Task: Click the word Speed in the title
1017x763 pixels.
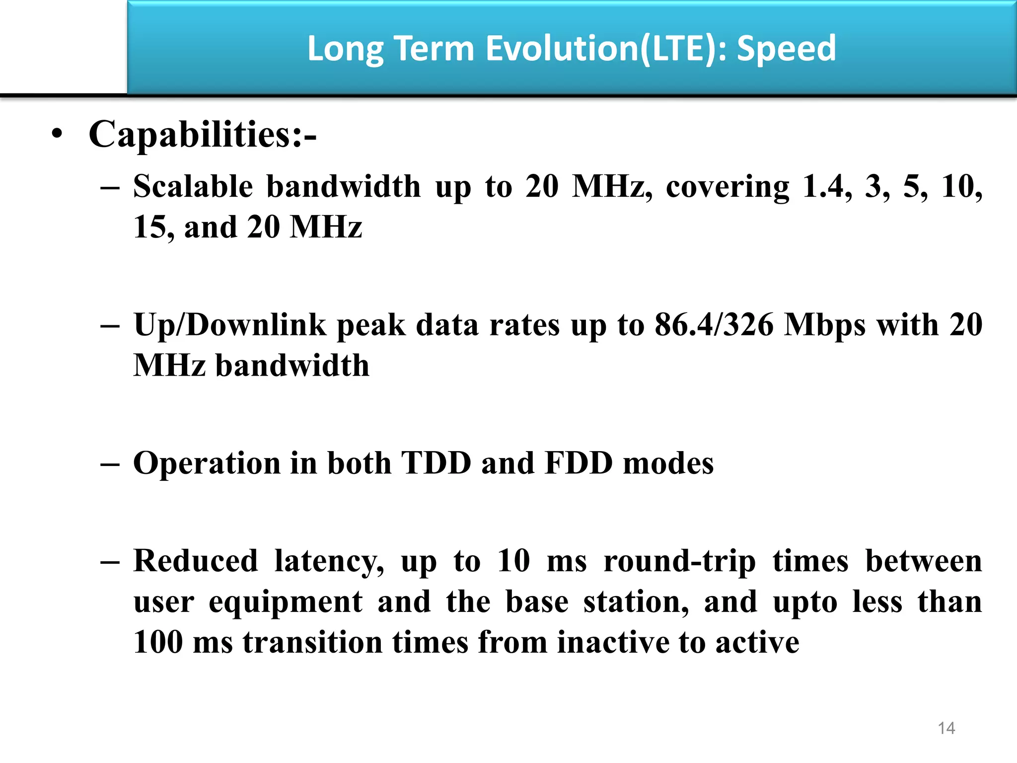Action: (786, 49)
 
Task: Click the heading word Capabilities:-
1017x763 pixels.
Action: (202, 135)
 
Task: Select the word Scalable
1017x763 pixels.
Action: (193, 187)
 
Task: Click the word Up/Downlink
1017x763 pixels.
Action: (230, 325)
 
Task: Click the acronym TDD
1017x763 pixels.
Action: (436, 463)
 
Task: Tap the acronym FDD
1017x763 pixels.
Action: (579, 463)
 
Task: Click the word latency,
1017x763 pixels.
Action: (329, 561)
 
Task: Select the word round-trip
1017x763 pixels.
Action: (679, 561)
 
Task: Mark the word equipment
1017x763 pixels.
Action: (286, 602)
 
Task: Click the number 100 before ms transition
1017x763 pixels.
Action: (158, 642)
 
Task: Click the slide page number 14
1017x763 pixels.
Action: (946, 728)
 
